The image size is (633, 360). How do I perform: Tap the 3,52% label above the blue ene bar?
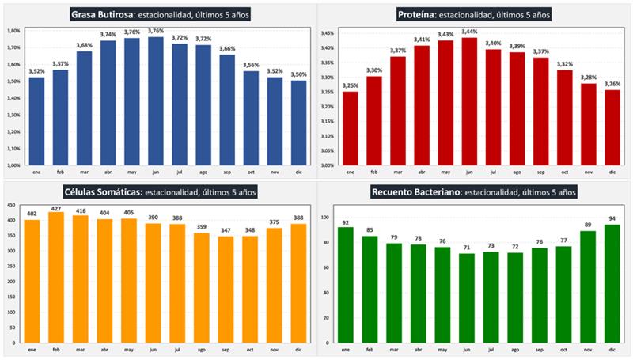(36, 72)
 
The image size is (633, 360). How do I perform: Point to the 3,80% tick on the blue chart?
(13, 31)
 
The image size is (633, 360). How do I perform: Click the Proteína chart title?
(472, 14)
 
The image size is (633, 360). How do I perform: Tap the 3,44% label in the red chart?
(470, 32)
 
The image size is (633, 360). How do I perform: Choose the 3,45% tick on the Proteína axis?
(328, 33)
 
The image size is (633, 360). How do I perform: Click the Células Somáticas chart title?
(157, 191)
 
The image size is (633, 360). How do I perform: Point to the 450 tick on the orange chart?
(10, 206)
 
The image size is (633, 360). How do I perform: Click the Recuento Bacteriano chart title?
(474, 191)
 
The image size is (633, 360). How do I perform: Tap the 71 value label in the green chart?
(469, 248)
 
